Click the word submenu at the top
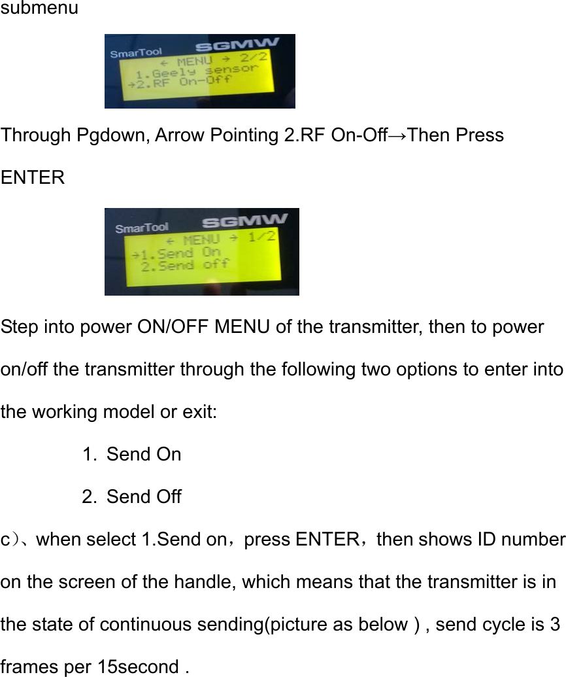click(39, 9)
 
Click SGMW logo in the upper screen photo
click(238, 46)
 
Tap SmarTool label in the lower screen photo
click(141, 228)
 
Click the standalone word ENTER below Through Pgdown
click(33, 177)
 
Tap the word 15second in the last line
click(138, 667)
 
